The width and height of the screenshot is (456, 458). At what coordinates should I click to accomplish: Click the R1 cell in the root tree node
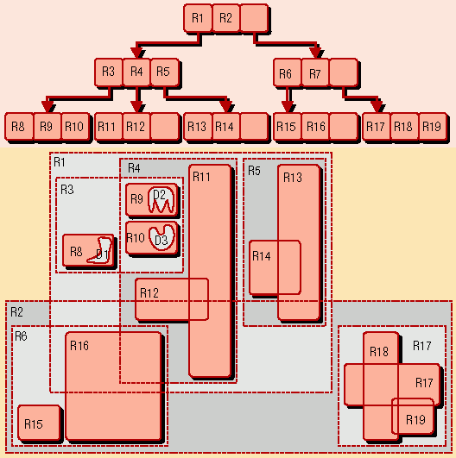pyautogui.click(x=198, y=18)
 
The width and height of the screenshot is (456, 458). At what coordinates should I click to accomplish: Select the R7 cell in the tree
pyautogui.click(x=315, y=72)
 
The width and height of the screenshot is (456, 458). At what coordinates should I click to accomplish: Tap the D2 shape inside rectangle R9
pyautogui.click(x=161, y=199)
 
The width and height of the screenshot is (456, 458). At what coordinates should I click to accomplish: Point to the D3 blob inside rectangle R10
pyautogui.click(x=161, y=237)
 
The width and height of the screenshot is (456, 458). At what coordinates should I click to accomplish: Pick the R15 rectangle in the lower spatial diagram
pyautogui.click(x=39, y=423)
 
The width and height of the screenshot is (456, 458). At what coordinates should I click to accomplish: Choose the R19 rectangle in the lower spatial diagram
pyautogui.click(x=413, y=416)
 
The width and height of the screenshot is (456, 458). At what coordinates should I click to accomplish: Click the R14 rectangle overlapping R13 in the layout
pyautogui.click(x=275, y=267)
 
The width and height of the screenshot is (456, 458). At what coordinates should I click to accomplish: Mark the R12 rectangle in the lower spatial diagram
pyautogui.click(x=172, y=299)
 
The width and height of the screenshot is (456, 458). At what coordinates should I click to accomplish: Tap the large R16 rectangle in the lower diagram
pyautogui.click(x=113, y=386)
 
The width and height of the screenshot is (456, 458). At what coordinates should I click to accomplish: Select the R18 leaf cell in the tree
pyautogui.click(x=404, y=127)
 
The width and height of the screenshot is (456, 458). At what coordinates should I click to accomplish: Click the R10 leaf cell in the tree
pyautogui.click(x=74, y=127)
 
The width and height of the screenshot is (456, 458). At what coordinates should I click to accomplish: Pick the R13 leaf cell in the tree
pyautogui.click(x=198, y=127)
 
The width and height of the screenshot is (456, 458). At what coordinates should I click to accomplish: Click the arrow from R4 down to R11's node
pyautogui.click(x=137, y=99)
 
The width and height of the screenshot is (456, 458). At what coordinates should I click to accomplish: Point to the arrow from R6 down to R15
pyautogui.click(x=288, y=99)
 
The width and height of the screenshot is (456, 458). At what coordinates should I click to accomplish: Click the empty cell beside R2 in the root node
pyautogui.click(x=254, y=18)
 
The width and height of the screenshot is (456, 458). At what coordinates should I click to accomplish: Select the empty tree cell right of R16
pyautogui.click(x=344, y=127)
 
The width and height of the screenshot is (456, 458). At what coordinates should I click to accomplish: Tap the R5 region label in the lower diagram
pyautogui.click(x=254, y=171)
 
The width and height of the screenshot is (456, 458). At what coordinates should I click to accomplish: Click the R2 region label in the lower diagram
pyautogui.click(x=16, y=312)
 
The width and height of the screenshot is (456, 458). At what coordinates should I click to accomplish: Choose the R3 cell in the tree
pyautogui.click(x=109, y=72)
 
